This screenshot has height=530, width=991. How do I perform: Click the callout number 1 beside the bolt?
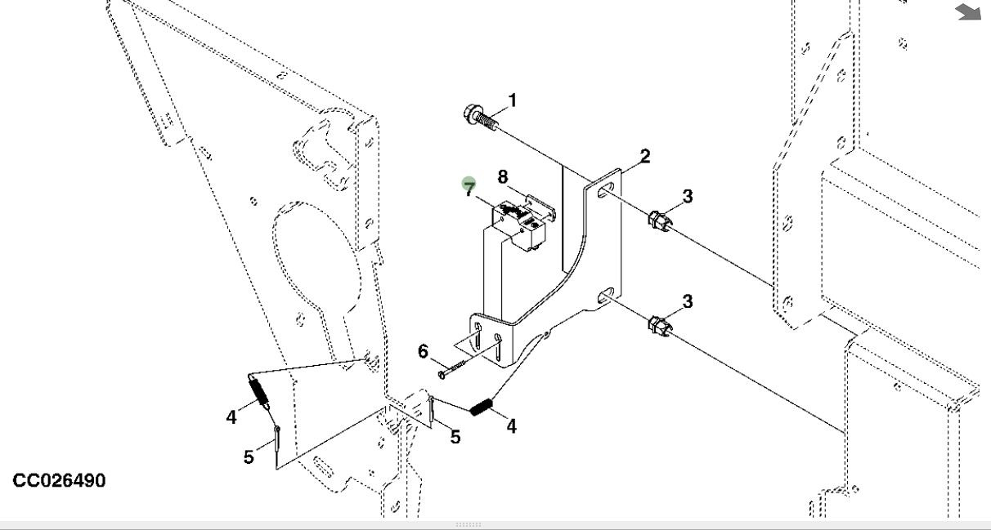tap(513, 100)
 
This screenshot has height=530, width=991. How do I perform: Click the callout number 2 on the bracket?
tap(645, 156)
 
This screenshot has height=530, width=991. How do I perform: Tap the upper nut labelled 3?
tap(658, 220)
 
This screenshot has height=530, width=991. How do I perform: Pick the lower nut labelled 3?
tap(658, 327)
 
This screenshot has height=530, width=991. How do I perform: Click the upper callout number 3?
tap(688, 196)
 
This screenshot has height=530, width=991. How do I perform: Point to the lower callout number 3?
tap(688, 301)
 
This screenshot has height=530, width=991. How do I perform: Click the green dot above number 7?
tap(469, 183)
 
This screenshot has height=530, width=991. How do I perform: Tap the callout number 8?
tap(503, 176)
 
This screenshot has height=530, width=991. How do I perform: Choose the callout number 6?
tap(423, 351)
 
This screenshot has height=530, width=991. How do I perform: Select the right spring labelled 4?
tap(480, 405)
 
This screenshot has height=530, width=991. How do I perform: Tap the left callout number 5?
tap(249, 457)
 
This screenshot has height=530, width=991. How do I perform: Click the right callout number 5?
tap(455, 437)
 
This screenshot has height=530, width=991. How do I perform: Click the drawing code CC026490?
tap(59, 480)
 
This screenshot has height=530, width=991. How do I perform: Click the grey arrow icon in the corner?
tap(968, 11)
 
